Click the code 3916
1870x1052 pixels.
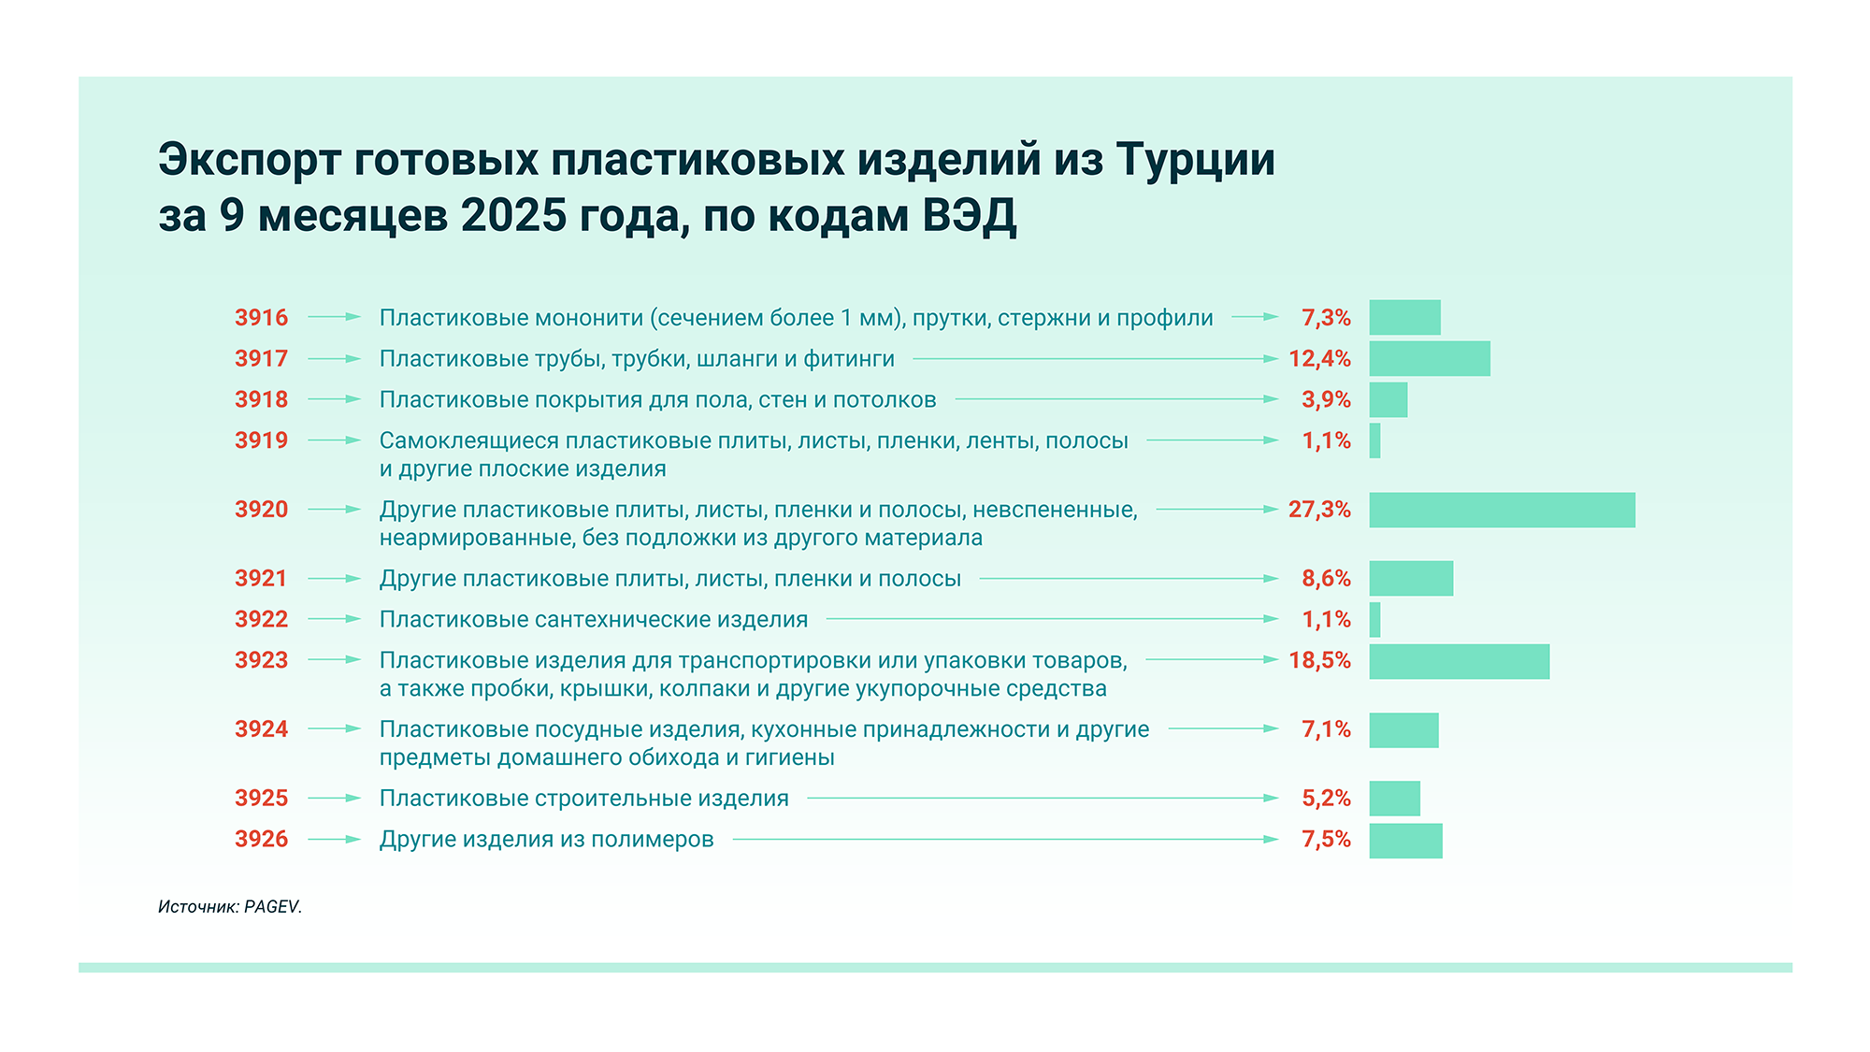pyautogui.click(x=261, y=318)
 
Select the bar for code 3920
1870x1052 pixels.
pyautogui.click(x=1502, y=510)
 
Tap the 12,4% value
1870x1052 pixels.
pyautogui.click(x=1319, y=359)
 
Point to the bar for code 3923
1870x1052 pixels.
pyautogui.click(x=1459, y=661)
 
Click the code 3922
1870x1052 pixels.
pyautogui.click(x=261, y=619)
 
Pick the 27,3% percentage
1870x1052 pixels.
pyautogui.click(x=1319, y=510)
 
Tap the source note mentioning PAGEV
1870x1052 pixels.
pyautogui.click(x=230, y=906)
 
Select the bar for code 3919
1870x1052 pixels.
pyautogui.click(x=1374, y=440)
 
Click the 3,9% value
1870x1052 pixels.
pyautogui.click(x=1326, y=400)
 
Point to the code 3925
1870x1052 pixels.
pyautogui.click(x=261, y=799)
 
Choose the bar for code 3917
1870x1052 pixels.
pyautogui.click(x=1430, y=359)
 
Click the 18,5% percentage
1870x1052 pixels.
pyautogui.click(x=1319, y=660)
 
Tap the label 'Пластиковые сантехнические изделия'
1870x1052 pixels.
pyautogui.click(x=594, y=619)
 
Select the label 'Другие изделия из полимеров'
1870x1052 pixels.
pyautogui.click(x=547, y=840)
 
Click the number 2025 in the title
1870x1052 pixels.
pyautogui.click(x=513, y=216)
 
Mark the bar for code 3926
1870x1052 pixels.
pyautogui.click(x=1405, y=841)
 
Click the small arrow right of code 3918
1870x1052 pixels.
pyautogui.click(x=334, y=399)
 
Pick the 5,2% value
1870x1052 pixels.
pyautogui.click(x=1326, y=799)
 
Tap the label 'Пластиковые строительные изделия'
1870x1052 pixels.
pyautogui.click(x=584, y=799)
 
